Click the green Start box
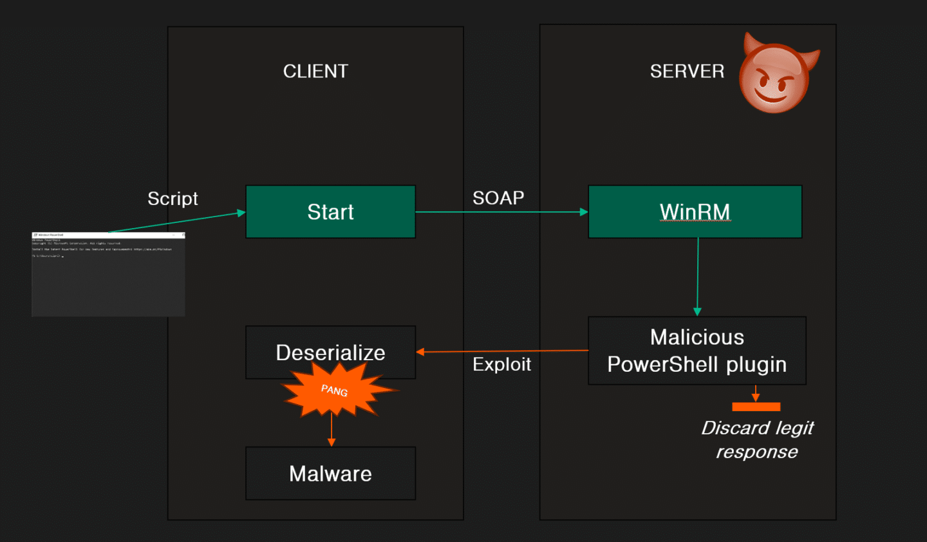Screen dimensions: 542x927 [330, 212]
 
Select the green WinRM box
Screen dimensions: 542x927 [695, 212]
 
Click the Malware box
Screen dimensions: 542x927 [330, 474]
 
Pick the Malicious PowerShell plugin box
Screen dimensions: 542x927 [697, 351]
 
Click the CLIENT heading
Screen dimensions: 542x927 [315, 71]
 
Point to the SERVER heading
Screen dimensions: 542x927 [687, 71]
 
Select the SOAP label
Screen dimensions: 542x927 [498, 198]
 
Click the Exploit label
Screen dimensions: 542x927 [501, 364]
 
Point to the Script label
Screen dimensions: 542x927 [173, 198]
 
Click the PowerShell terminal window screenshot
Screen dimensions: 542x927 [108, 274]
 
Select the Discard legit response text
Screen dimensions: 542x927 [757, 440]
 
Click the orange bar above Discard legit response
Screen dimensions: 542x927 [756, 407]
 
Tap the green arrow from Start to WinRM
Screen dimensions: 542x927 [502, 212]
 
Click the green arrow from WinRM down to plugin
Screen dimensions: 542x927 [697, 277]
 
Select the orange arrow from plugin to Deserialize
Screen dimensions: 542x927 [502, 351]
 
